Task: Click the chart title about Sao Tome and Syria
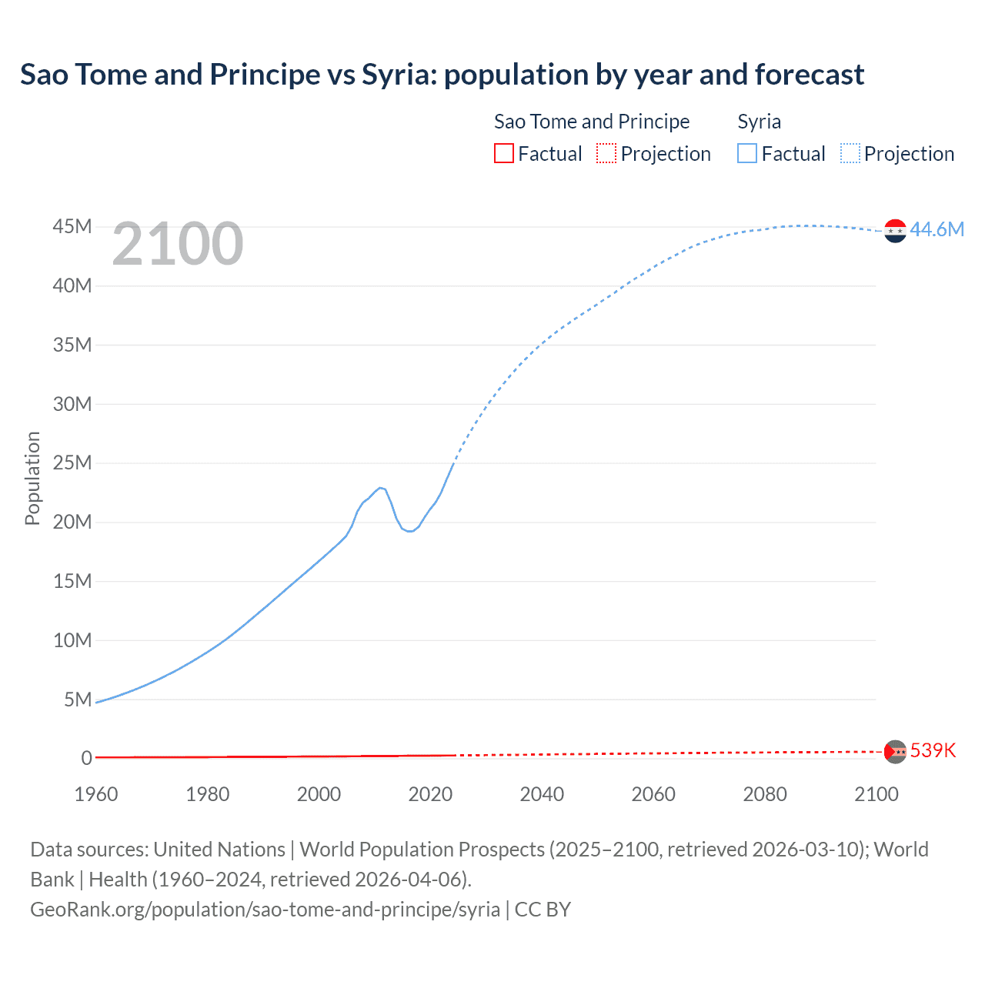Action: coord(442,75)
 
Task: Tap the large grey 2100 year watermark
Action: coord(178,244)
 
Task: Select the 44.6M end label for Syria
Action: coord(937,229)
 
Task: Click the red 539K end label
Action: coord(933,750)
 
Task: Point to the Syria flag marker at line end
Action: coord(895,230)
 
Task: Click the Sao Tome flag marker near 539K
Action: coord(895,751)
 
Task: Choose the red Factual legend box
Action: coord(503,154)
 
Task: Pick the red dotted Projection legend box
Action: coord(606,154)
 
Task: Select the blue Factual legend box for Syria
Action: coord(746,154)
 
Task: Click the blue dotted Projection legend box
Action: coord(850,154)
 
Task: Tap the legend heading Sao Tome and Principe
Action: coord(591,122)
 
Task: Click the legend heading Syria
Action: coord(759,122)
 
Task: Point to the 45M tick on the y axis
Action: coord(72,227)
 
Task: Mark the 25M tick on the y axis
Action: coord(72,463)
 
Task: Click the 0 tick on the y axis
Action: coord(86,758)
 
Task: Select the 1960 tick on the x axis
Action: coord(96,794)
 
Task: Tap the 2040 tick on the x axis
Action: coord(542,794)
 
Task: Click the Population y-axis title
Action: coord(32,478)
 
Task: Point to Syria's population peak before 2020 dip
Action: coord(380,488)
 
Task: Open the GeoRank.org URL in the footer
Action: coord(265,909)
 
